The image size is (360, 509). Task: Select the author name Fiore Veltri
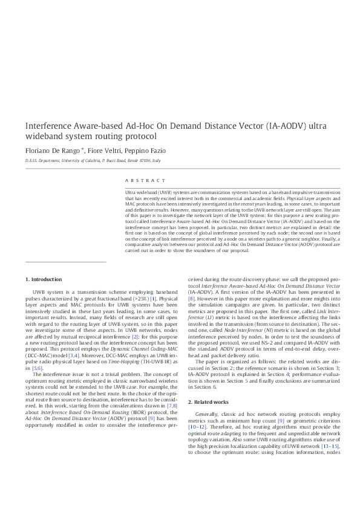point(105,150)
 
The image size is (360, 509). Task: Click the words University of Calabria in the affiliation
point(77,161)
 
